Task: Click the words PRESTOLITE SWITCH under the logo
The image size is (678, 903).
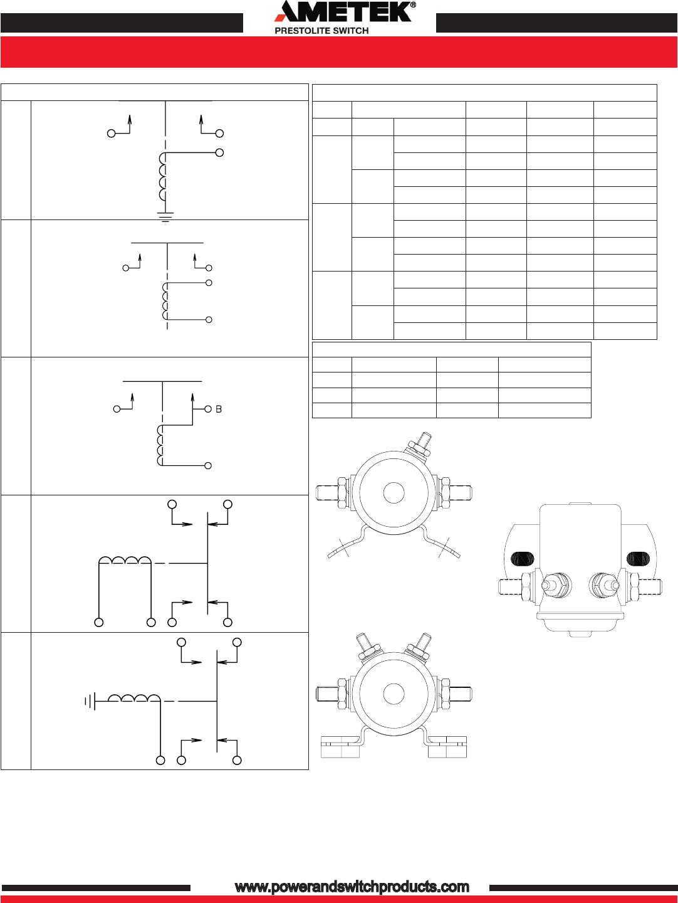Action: (x=321, y=30)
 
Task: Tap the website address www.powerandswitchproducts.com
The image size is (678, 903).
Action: (x=352, y=887)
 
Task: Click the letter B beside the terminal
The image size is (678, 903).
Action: (x=219, y=409)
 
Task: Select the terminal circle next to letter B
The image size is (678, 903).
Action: (x=208, y=409)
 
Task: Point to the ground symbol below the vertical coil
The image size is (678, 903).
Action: (x=165, y=217)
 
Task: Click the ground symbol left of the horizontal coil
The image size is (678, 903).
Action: (x=90, y=700)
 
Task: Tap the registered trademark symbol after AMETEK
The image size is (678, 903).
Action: (x=412, y=6)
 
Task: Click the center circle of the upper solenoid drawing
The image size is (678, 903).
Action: (x=394, y=493)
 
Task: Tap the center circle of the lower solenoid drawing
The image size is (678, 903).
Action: (x=394, y=694)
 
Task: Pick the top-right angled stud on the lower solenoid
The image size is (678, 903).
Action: (x=421, y=645)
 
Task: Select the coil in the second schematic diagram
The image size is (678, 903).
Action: (x=165, y=301)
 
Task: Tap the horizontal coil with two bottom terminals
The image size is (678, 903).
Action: (x=125, y=560)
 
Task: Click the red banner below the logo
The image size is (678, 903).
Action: (x=339, y=52)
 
